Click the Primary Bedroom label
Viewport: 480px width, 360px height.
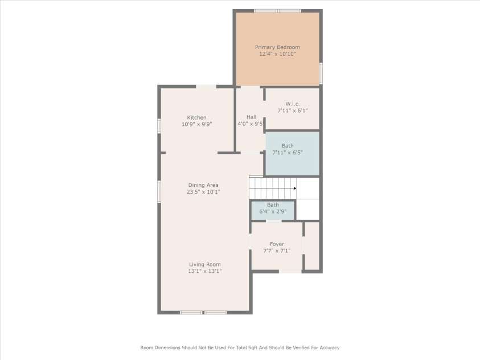click(x=277, y=47)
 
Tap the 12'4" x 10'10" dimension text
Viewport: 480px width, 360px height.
click(x=277, y=54)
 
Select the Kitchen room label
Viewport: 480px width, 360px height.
click(x=196, y=117)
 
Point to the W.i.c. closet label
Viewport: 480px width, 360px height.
click(x=292, y=103)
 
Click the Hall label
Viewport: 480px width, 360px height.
click(x=251, y=117)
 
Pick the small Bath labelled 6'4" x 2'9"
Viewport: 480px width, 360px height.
click(x=273, y=205)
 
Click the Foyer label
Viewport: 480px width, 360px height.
click(x=277, y=244)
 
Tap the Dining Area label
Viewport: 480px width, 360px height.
click(x=203, y=185)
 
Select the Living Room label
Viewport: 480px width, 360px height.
click(x=204, y=264)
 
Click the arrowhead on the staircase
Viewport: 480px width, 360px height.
click(x=295, y=188)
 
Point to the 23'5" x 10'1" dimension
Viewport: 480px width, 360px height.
click(x=203, y=192)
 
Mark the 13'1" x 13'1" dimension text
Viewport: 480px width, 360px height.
click(x=204, y=272)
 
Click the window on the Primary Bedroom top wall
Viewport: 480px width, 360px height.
click(x=277, y=10)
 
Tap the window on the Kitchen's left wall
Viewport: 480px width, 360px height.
click(x=159, y=125)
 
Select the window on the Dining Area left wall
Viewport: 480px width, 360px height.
click(x=159, y=191)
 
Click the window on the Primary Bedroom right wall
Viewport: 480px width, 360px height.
click(x=321, y=73)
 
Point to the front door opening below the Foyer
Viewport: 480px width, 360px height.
click(x=290, y=271)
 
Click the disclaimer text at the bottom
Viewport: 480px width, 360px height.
click(x=240, y=347)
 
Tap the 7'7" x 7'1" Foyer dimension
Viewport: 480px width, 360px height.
click(x=277, y=251)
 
